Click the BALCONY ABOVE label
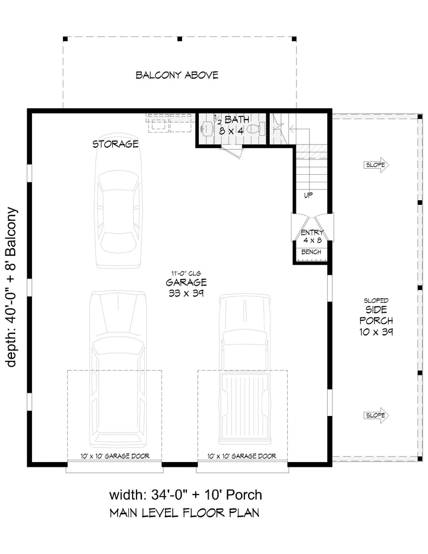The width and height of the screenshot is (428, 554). [x=177, y=75]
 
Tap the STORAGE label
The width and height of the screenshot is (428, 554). [x=115, y=144]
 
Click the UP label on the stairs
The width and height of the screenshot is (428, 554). [x=307, y=195]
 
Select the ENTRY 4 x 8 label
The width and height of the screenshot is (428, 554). [x=312, y=236]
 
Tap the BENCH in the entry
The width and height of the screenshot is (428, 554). [x=311, y=252]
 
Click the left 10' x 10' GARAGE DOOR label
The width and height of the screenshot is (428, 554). [x=114, y=456]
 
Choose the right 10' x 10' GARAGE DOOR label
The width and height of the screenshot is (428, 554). [x=242, y=456]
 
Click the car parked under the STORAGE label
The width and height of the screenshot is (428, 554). [x=119, y=208]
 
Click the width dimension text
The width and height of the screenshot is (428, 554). [x=186, y=494]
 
